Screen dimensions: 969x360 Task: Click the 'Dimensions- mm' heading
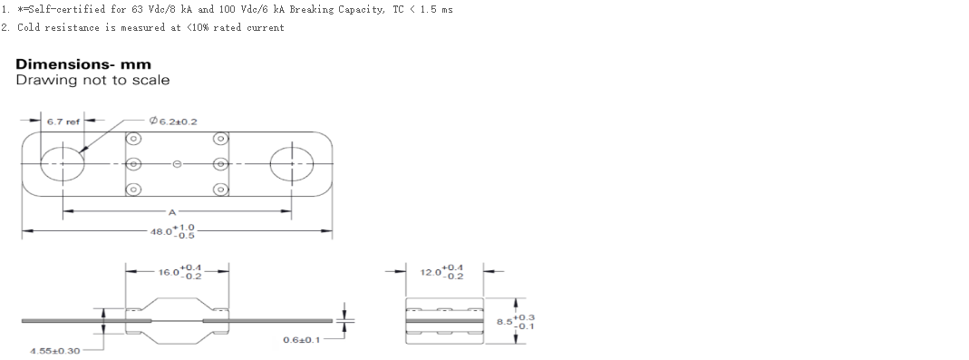click(83, 64)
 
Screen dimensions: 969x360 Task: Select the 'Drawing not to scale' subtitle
click(92, 80)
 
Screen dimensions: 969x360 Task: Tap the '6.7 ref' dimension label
click(63, 122)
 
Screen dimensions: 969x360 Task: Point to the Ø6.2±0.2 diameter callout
click(173, 122)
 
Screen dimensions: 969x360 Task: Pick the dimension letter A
click(172, 212)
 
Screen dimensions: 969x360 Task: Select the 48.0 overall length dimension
click(172, 231)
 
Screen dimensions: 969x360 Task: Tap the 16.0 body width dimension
click(179, 272)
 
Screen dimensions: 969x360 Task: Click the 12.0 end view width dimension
click(442, 272)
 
